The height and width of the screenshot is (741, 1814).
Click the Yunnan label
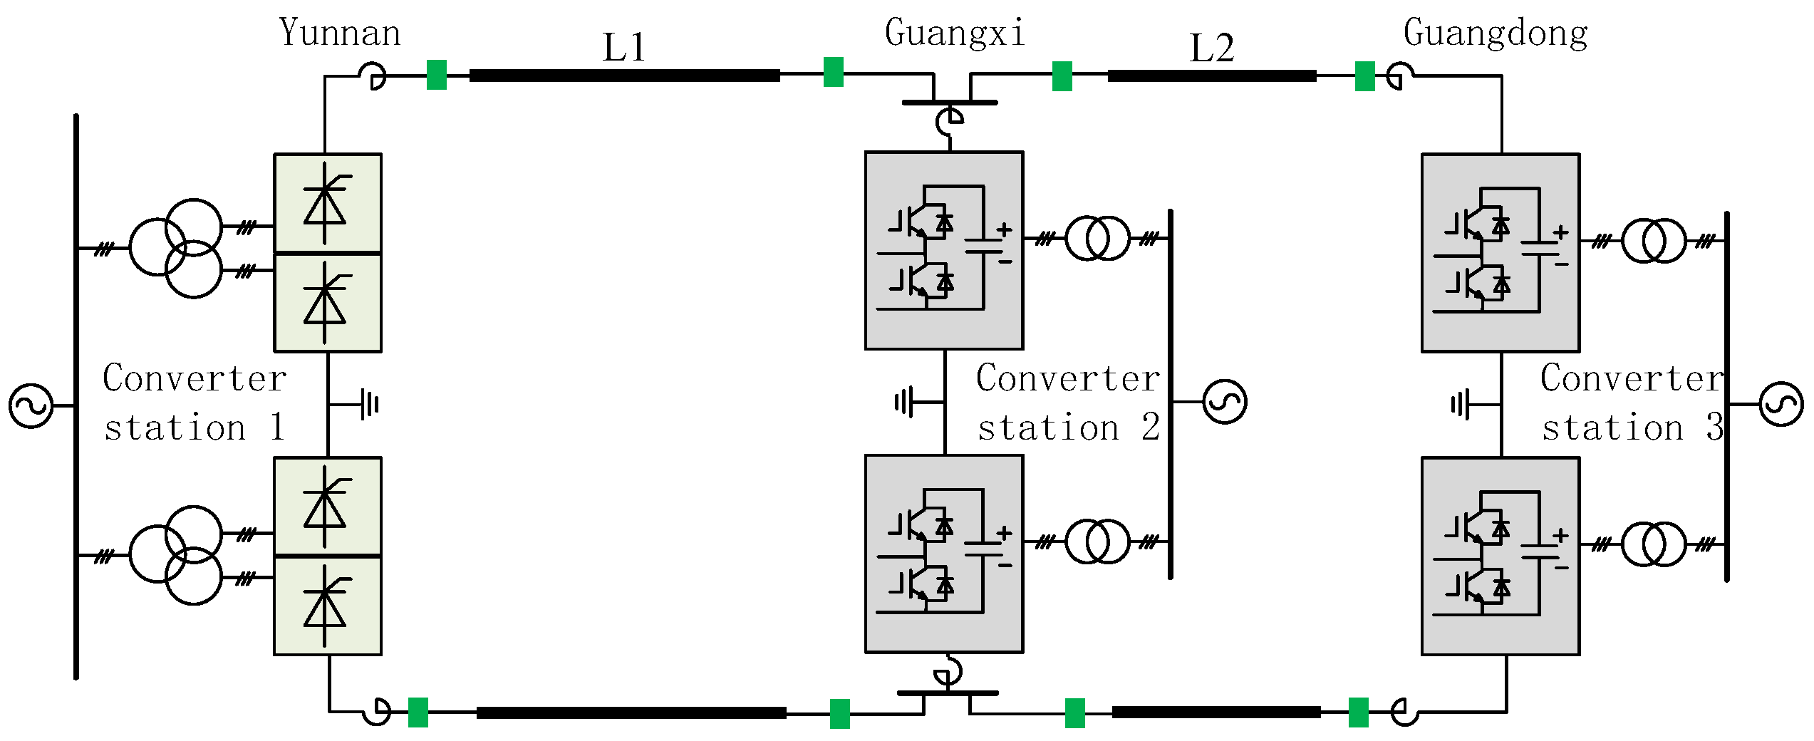point(340,33)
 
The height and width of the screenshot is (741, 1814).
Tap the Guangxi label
point(954,33)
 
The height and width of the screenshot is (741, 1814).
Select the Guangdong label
point(1496,33)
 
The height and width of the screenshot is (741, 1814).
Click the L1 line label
point(624,48)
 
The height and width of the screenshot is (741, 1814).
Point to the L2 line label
point(1211,48)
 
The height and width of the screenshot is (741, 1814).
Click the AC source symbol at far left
point(31,406)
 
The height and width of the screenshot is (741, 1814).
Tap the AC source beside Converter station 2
point(1224,402)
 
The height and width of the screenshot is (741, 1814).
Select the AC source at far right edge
point(1781,404)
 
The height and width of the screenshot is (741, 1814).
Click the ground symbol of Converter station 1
point(369,404)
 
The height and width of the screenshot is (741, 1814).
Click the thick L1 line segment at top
point(624,76)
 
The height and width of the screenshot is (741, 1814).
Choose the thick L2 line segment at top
point(1211,76)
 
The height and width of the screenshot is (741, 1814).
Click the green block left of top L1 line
point(437,75)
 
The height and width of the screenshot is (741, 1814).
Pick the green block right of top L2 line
point(1364,76)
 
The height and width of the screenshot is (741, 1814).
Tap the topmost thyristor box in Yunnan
point(328,202)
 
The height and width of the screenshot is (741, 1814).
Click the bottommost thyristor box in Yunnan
point(328,606)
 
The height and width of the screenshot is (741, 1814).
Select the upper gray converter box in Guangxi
point(944,250)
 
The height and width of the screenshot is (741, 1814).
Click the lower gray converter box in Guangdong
point(1501,556)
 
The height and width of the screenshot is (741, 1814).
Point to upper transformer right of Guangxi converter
point(1097,238)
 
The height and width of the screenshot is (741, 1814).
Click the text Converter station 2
point(1067,403)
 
